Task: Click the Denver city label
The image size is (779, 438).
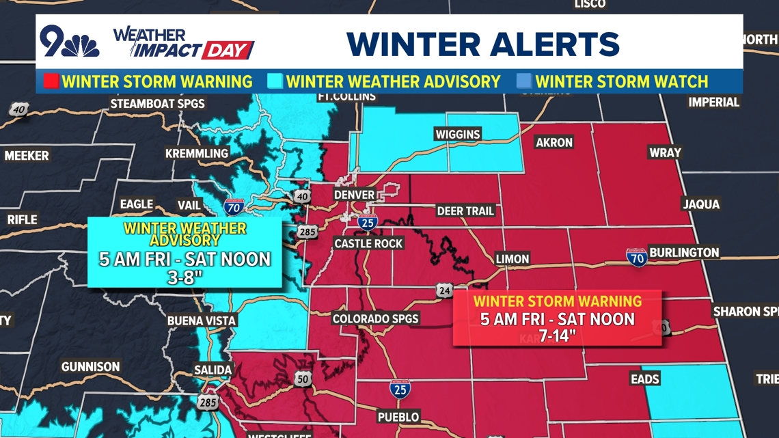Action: coord(354,195)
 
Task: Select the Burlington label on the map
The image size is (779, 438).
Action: coord(684,252)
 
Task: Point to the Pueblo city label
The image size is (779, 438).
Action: coord(398,417)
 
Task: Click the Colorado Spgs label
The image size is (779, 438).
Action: coord(375,319)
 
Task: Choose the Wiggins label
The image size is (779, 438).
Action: coord(458,134)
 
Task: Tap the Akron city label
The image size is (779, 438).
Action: coord(554,143)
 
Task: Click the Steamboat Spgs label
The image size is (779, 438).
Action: coord(157,105)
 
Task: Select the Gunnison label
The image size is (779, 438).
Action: coord(90,367)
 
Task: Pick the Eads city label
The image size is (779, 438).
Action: coord(644,379)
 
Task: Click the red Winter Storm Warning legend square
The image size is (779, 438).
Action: coord(51,82)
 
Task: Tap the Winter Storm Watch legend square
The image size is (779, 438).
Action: coord(523,82)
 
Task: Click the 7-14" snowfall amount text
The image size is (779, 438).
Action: coord(557,336)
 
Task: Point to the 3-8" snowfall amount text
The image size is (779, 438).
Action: coord(184,276)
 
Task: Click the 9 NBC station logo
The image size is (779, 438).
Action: coord(68,42)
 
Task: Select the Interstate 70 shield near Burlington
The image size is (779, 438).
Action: coord(637,257)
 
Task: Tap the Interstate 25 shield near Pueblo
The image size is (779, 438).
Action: coord(400,389)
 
